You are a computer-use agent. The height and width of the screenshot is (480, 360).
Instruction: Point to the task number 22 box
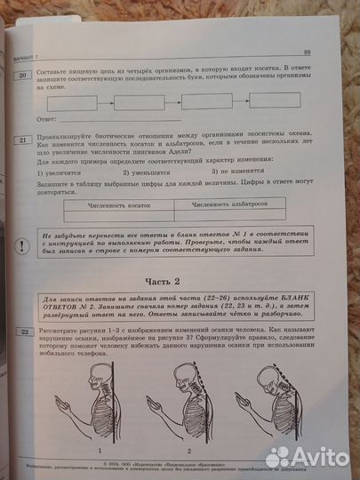[x=26, y=332]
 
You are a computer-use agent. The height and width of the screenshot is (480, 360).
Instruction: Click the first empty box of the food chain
[x=74, y=102]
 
